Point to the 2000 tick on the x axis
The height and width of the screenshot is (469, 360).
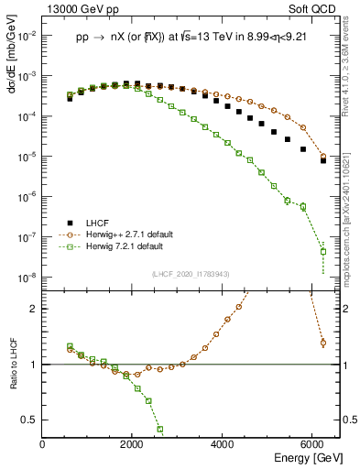tap(133, 444)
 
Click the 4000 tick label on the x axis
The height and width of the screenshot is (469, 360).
tap(223, 444)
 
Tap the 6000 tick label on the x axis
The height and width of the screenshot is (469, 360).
tap(312, 444)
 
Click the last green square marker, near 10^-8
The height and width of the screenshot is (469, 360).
tap(323, 251)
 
